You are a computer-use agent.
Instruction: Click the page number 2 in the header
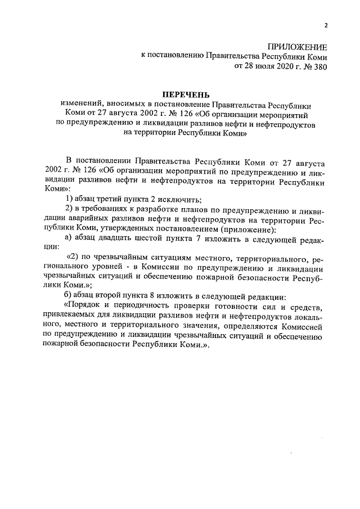[x=325, y=24]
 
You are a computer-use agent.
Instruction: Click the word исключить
[x=181, y=200]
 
